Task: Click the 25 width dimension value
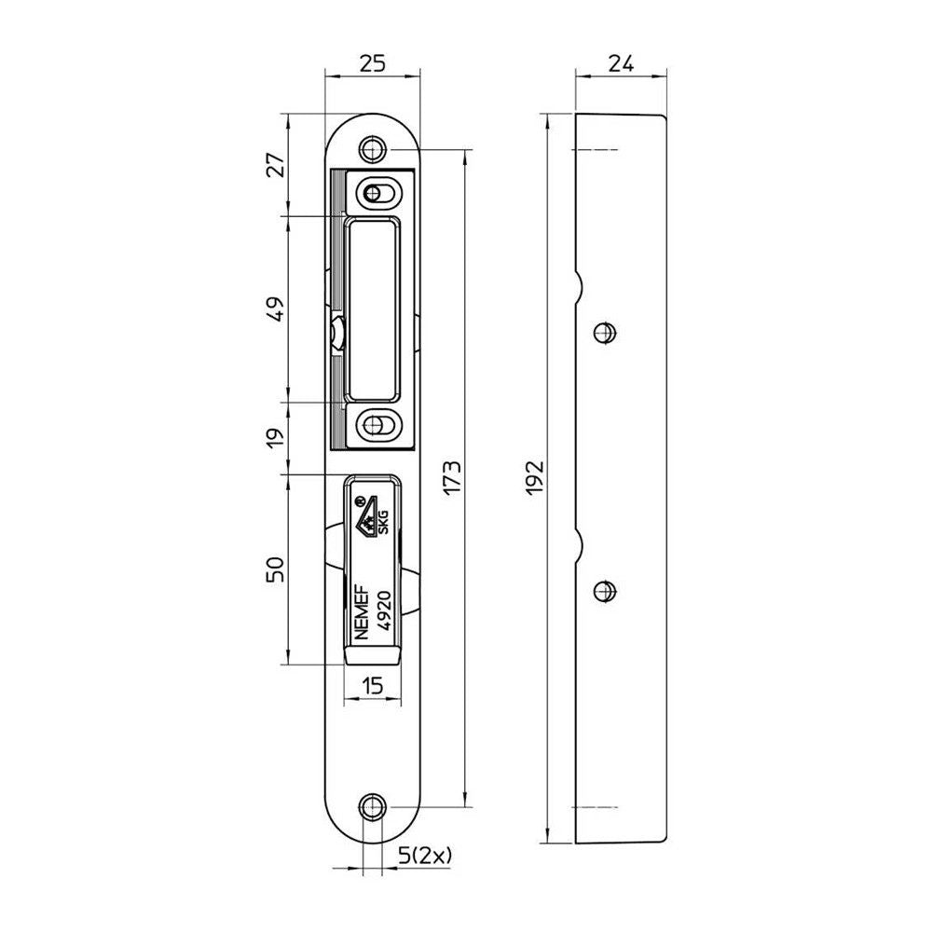374,62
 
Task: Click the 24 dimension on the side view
621,62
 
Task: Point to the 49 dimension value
275,308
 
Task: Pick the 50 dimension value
275,569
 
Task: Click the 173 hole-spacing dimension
452,477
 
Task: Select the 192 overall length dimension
535,477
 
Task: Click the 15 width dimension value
373,685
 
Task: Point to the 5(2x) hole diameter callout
424,856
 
